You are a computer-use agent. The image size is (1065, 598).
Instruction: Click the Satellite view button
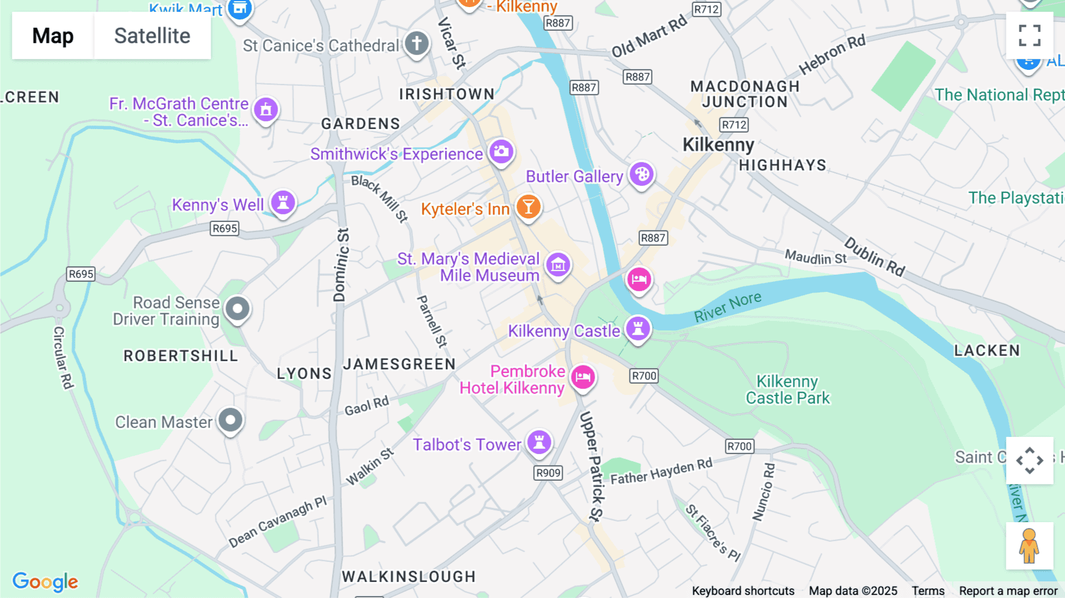point(152,36)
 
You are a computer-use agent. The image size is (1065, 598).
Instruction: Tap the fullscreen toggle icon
point(1029,36)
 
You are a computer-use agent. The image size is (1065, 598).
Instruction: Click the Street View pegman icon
point(1029,546)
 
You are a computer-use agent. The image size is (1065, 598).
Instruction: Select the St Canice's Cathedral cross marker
point(417,43)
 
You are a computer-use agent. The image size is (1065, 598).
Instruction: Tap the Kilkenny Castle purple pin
point(638,328)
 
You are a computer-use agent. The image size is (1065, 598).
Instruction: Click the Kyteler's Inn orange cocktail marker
point(528,207)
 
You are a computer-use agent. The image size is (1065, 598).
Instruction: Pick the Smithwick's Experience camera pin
point(501,152)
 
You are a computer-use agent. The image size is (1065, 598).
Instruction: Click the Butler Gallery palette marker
point(641,174)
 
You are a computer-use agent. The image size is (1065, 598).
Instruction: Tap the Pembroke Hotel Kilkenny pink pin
point(583,377)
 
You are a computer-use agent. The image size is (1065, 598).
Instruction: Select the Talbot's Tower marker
point(539,442)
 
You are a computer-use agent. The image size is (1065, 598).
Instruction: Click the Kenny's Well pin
point(283,202)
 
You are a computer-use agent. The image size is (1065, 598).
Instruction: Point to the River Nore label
point(727,307)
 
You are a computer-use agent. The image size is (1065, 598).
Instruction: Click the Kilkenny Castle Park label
point(788,390)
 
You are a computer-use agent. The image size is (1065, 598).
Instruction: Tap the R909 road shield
point(548,472)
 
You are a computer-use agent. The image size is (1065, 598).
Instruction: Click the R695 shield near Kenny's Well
point(225,229)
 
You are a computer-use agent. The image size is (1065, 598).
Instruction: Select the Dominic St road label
point(341,265)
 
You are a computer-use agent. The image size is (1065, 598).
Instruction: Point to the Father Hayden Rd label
point(661,472)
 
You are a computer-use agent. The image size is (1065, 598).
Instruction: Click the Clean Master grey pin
point(230,420)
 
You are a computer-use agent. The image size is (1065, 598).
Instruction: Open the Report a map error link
point(1008,591)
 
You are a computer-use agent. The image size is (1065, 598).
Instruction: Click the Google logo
point(46,581)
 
